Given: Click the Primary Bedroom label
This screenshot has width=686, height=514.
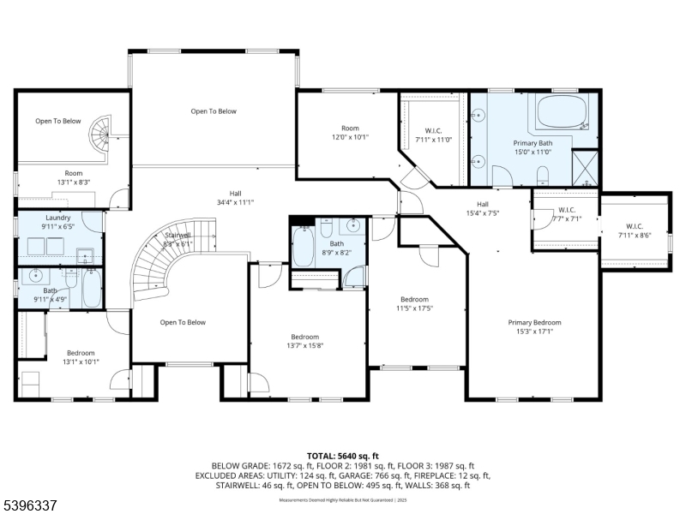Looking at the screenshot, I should [533, 323].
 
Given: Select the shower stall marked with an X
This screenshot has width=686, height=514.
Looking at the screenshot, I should [585, 166].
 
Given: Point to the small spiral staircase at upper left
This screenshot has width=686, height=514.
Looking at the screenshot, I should [103, 134].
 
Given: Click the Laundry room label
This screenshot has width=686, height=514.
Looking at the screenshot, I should [58, 218].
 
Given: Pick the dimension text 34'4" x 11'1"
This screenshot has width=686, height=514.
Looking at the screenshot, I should [235, 202].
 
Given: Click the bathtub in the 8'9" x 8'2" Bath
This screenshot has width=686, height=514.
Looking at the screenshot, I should [303, 248].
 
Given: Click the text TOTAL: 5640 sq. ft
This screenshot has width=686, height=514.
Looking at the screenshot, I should [343, 456].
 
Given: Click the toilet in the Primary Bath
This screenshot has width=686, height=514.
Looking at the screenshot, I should [542, 176].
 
